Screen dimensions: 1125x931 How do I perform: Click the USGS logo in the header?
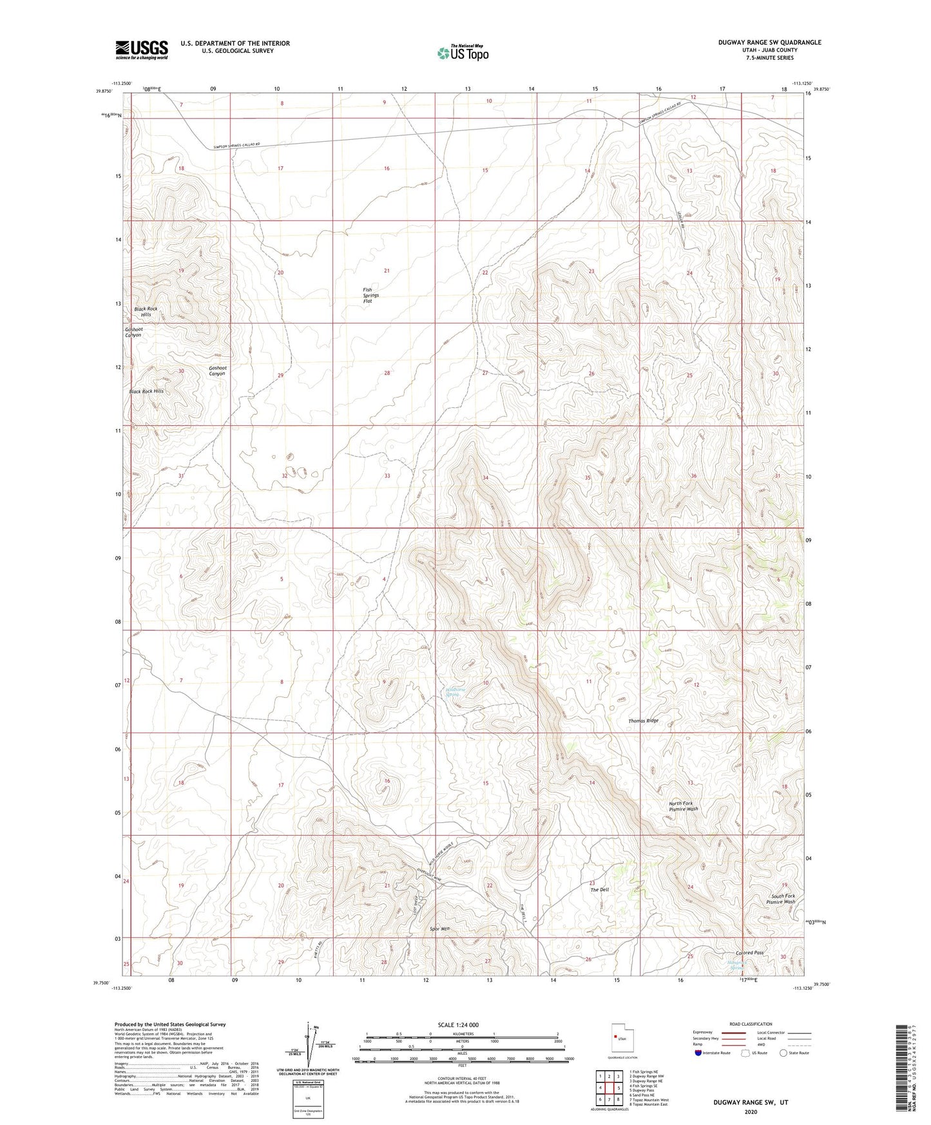pyautogui.click(x=142, y=50)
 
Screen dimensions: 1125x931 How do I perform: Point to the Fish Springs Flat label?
pyautogui.click(x=370, y=296)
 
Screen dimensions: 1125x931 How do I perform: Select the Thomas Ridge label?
pyautogui.click(x=643, y=721)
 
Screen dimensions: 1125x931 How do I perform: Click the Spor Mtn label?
pyautogui.click(x=441, y=929)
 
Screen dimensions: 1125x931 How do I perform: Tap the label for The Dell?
pyautogui.click(x=599, y=890)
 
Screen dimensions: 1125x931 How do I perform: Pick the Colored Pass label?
pyautogui.click(x=749, y=953)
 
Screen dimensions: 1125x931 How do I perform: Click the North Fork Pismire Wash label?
pyautogui.click(x=684, y=805)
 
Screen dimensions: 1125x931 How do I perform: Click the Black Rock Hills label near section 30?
pyautogui.click(x=146, y=391)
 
